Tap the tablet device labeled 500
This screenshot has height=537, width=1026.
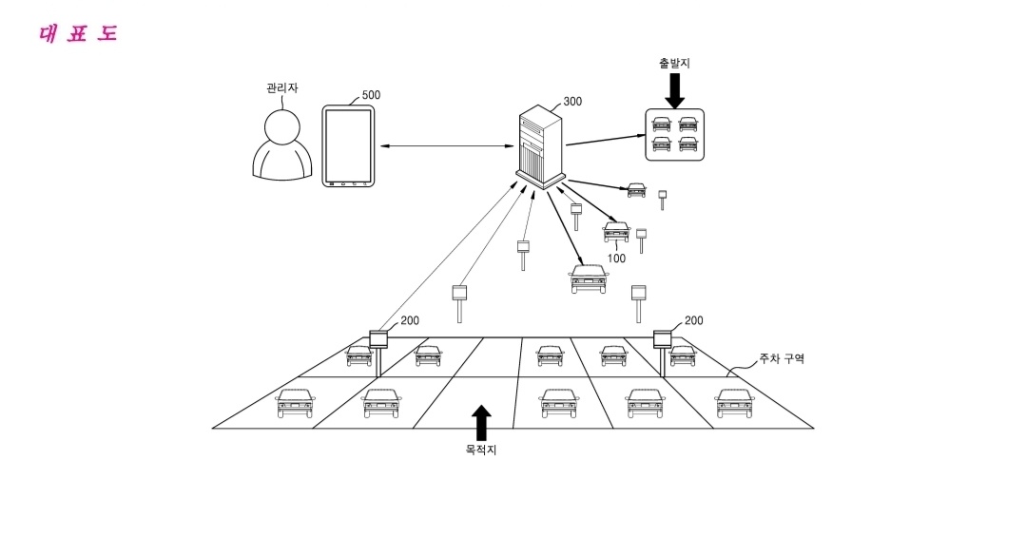(x=347, y=145)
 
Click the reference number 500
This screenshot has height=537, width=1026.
(x=371, y=95)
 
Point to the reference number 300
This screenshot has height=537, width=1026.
(x=572, y=102)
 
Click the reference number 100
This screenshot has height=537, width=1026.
(x=616, y=258)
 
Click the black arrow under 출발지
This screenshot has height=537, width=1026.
(x=674, y=89)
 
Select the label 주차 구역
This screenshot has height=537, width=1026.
(x=781, y=359)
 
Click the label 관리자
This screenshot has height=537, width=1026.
(x=282, y=87)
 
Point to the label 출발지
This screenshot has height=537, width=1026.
(x=674, y=63)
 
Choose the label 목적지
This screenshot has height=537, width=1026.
(x=481, y=450)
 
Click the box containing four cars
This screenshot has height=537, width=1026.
(x=674, y=134)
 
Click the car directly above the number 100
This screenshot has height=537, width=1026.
(x=616, y=231)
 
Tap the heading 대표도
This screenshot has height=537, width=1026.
(x=78, y=34)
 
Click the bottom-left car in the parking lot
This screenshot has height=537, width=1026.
(x=294, y=403)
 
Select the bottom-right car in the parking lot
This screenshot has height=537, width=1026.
(x=734, y=403)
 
